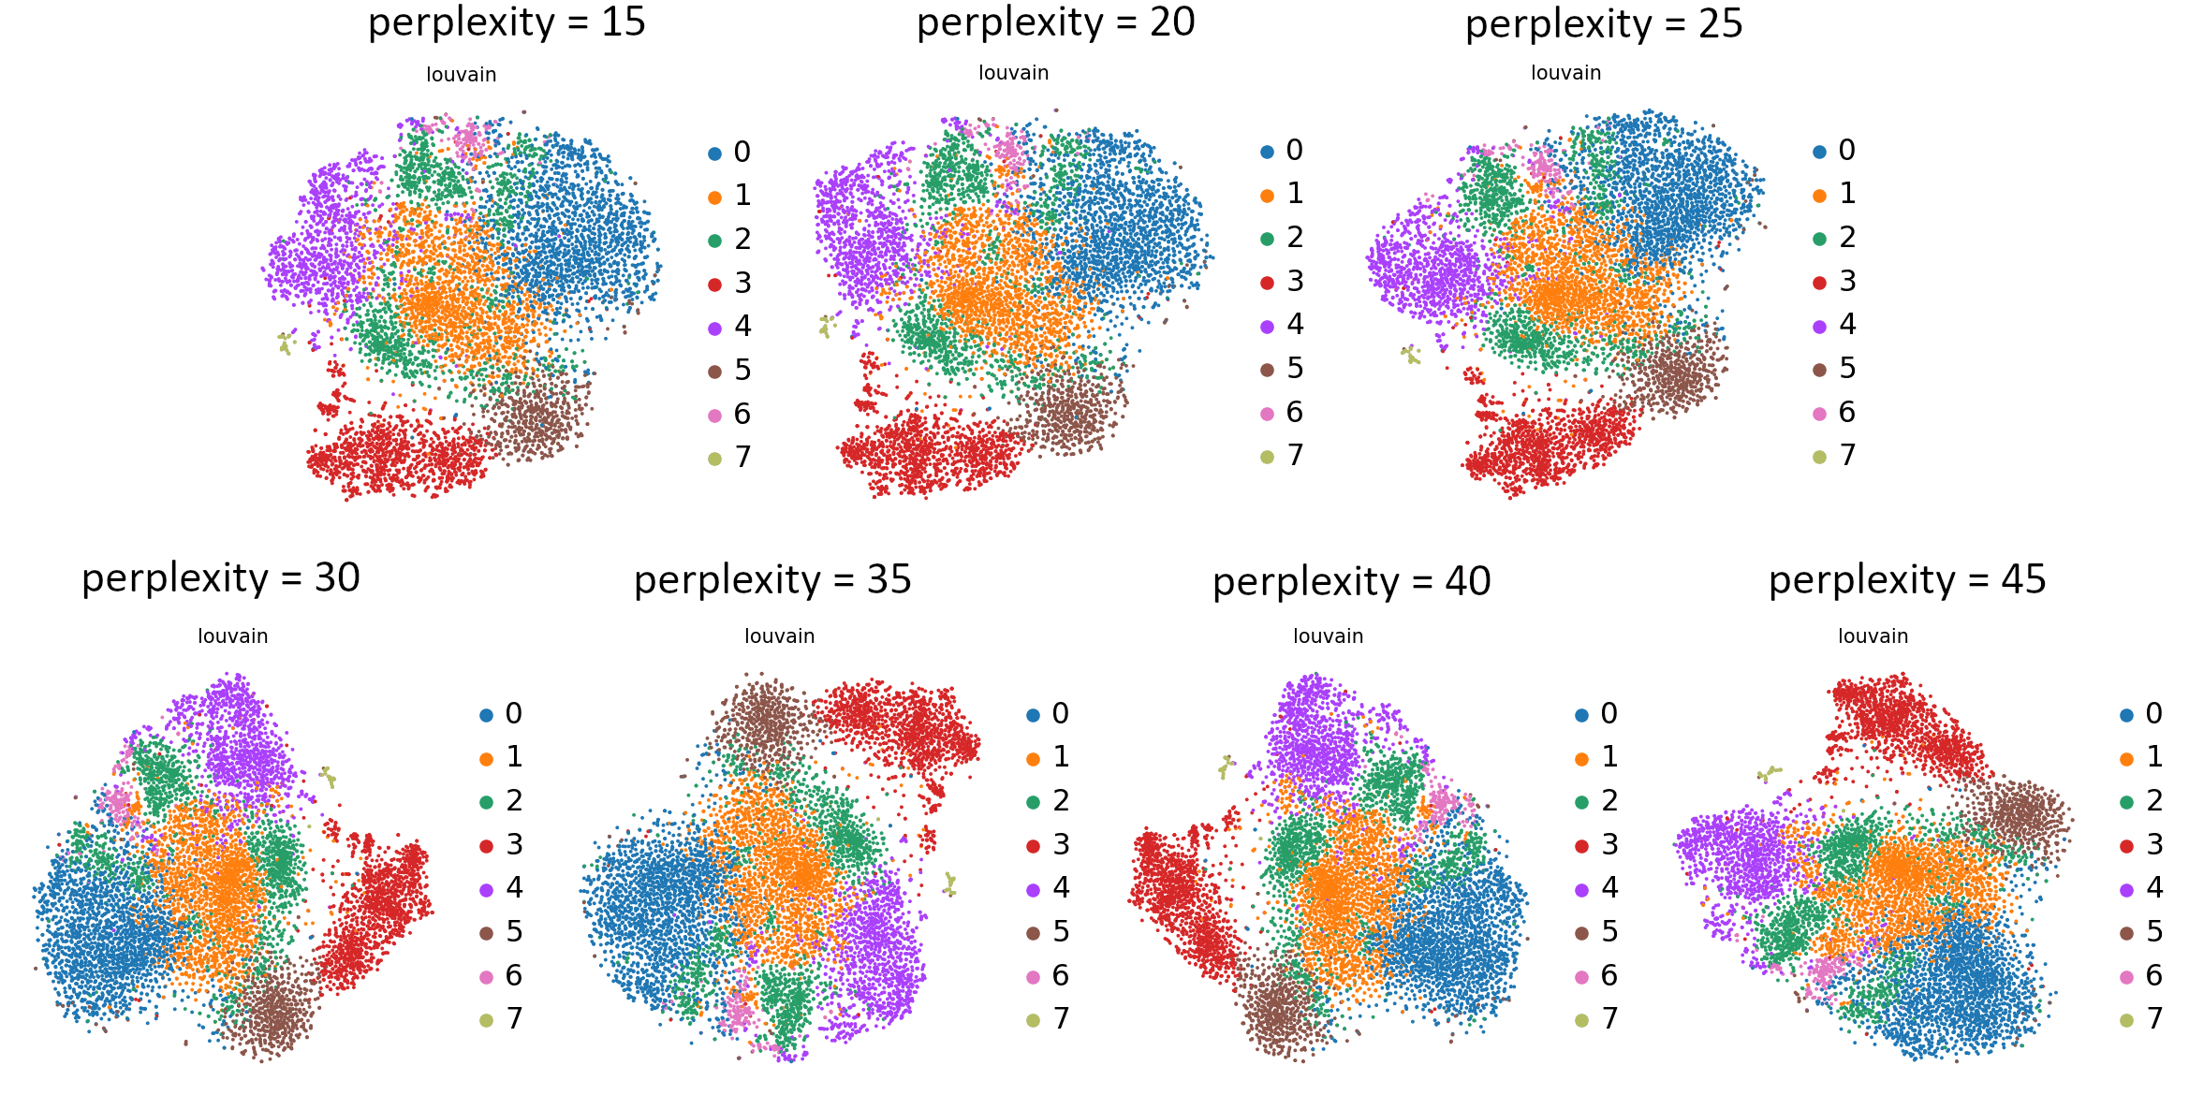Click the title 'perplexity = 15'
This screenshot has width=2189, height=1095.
[507, 22]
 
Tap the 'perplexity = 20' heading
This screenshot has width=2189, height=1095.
[1055, 22]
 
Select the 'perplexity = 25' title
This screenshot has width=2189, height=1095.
[1604, 24]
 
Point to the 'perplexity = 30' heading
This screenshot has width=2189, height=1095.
[220, 578]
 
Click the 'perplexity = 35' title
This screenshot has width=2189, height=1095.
[772, 580]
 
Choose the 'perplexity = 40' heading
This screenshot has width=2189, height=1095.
[1351, 582]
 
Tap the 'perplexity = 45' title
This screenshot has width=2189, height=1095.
[1907, 580]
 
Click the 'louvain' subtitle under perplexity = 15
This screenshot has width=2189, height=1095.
[461, 75]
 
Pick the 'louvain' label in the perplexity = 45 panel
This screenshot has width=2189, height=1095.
[1873, 636]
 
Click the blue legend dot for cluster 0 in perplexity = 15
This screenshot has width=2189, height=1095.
[715, 153]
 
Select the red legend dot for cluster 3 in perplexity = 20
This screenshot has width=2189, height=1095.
[1268, 283]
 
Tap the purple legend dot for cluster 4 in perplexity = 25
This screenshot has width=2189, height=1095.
[1820, 327]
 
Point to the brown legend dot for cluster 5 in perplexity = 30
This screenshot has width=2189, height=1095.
[487, 933]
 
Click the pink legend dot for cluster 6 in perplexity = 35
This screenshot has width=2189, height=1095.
[1034, 977]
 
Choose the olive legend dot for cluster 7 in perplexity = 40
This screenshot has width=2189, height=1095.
[1582, 1020]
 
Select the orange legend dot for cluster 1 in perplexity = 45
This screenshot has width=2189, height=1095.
[2127, 758]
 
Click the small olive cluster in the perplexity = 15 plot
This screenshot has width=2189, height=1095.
[286, 343]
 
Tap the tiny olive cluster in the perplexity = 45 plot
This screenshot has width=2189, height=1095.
[1769, 774]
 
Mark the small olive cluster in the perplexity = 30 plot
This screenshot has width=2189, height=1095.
[328, 776]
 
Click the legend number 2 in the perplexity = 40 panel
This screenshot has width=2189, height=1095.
[1609, 801]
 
